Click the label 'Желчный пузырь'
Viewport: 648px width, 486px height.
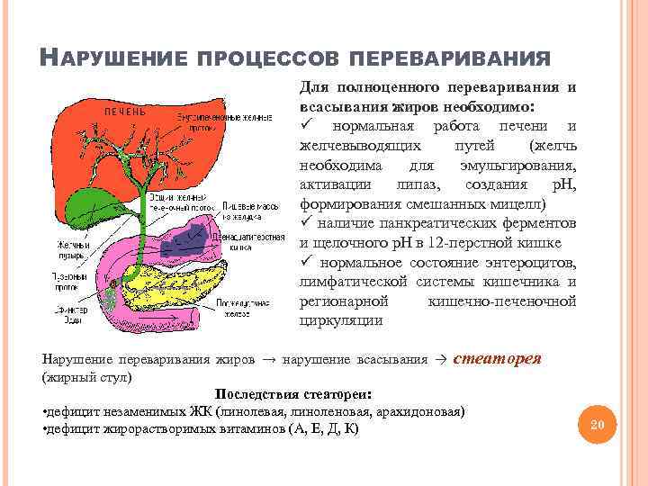click(67, 247)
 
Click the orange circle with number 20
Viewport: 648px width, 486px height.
click(597, 423)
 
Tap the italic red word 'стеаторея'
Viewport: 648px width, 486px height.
click(496, 357)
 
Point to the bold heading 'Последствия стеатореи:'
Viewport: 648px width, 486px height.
click(293, 394)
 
